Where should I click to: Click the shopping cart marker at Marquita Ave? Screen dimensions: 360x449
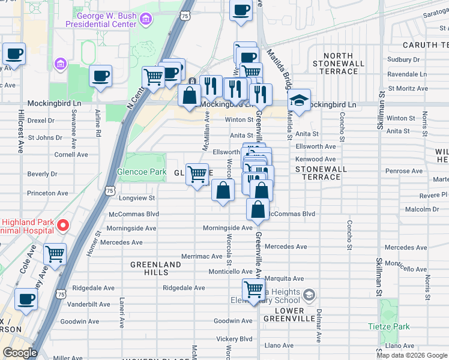[x=254, y=290]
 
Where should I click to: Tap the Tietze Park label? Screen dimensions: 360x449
[x=388, y=326]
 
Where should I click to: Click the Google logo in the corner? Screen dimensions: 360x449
[x=19, y=353]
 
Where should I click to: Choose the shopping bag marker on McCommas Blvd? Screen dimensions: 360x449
[x=258, y=210]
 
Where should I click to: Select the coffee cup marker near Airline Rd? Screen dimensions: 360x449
[x=100, y=76]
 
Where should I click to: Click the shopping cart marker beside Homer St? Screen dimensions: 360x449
[x=55, y=254]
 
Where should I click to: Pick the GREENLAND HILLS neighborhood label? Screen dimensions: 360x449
[x=156, y=268]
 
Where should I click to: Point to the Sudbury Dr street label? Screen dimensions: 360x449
[x=403, y=59]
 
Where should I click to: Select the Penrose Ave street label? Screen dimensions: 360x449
[x=402, y=171]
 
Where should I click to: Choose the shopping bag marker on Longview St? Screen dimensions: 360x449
[x=223, y=191]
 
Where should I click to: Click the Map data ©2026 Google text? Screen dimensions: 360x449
[x=411, y=355]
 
